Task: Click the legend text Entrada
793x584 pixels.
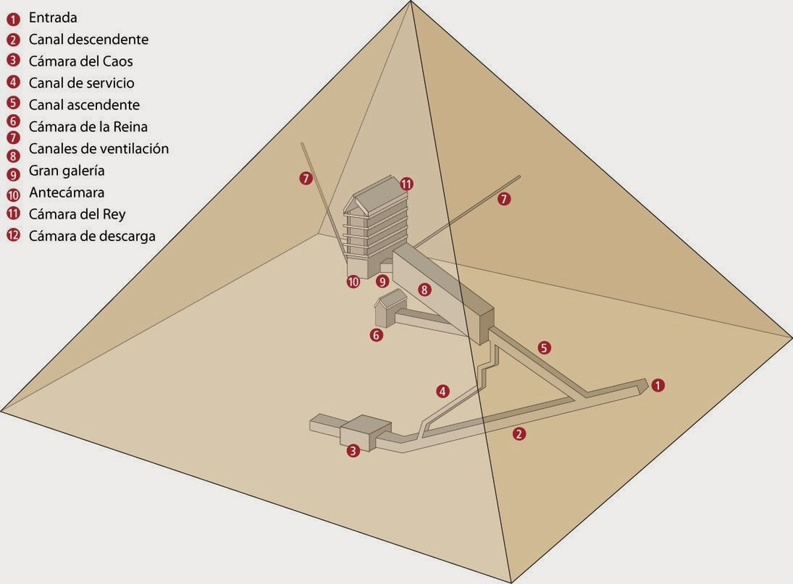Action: click(53, 17)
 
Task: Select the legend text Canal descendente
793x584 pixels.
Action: click(89, 40)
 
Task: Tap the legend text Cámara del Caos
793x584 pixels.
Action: click(81, 61)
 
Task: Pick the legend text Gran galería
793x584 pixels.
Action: click(67, 171)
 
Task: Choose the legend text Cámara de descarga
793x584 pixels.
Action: click(92, 236)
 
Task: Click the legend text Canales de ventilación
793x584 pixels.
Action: click(98, 149)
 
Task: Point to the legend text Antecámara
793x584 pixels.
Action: click(67, 193)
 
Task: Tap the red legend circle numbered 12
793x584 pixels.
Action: click(13, 236)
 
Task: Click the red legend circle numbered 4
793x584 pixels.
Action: click(13, 83)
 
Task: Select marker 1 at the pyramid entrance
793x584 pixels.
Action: click(658, 385)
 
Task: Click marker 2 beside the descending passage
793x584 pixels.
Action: click(519, 434)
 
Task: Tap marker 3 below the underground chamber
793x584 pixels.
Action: click(354, 451)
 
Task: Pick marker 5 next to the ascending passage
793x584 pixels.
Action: click(544, 347)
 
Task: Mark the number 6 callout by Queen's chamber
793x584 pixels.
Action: click(376, 335)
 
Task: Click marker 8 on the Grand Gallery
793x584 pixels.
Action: click(424, 289)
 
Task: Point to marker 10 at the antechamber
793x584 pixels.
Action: click(353, 282)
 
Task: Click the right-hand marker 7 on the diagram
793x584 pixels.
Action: click(504, 198)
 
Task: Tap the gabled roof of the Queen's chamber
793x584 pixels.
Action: click(391, 299)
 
